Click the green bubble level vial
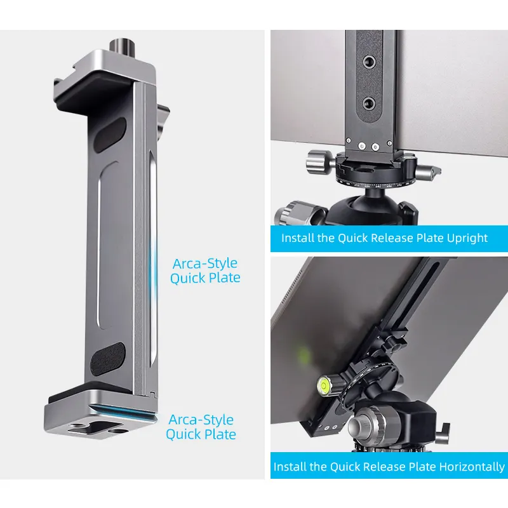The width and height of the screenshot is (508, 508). [x=324, y=385]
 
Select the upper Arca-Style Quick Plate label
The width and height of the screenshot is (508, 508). [x=205, y=271]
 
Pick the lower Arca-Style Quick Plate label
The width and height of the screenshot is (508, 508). [x=201, y=427]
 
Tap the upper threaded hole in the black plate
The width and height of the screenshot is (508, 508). [x=369, y=61]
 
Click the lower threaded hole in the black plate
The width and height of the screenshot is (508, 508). [x=369, y=104]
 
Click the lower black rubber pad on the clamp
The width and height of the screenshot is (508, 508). [x=107, y=359]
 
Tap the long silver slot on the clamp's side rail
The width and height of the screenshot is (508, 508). [x=153, y=259]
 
